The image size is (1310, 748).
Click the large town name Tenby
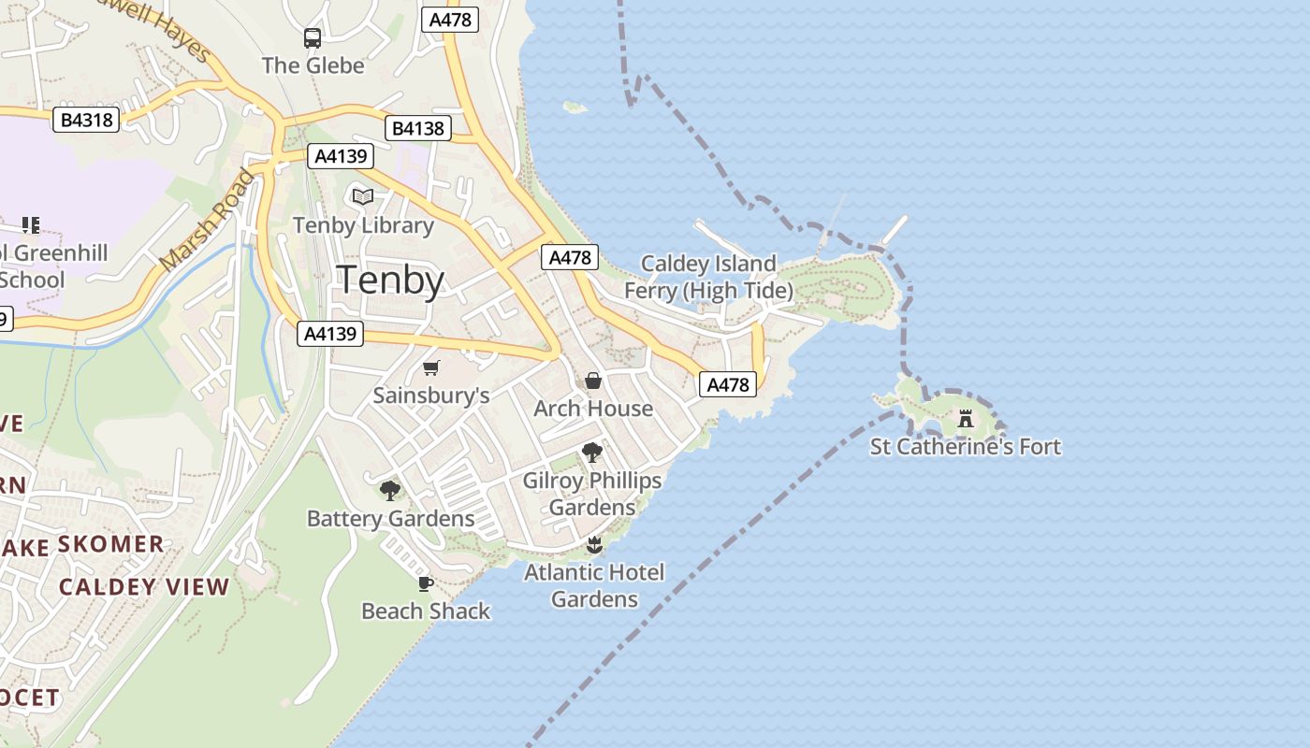(x=390, y=280)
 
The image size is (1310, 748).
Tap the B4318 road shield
(x=86, y=120)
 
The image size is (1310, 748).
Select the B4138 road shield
(x=417, y=128)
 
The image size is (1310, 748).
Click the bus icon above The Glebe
(x=313, y=38)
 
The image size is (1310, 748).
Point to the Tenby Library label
(x=363, y=225)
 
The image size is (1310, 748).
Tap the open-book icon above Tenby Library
(x=363, y=196)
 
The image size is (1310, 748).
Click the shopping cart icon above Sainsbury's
(x=430, y=367)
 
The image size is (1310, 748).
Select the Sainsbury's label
(x=431, y=396)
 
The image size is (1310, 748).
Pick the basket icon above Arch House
(x=593, y=381)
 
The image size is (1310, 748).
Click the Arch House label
(x=593, y=409)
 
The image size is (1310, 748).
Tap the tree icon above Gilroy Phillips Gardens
(x=591, y=453)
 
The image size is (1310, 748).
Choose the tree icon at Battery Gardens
(x=390, y=490)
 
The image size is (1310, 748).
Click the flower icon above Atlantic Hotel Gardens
(x=594, y=544)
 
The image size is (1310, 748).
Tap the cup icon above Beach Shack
(x=426, y=583)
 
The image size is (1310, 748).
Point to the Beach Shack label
(x=426, y=611)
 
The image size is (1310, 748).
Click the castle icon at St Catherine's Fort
(x=966, y=418)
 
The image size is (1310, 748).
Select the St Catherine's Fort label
(x=966, y=447)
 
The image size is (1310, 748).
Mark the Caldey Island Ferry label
(x=708, y=278)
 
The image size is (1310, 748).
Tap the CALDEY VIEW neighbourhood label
(x=144, y=587)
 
